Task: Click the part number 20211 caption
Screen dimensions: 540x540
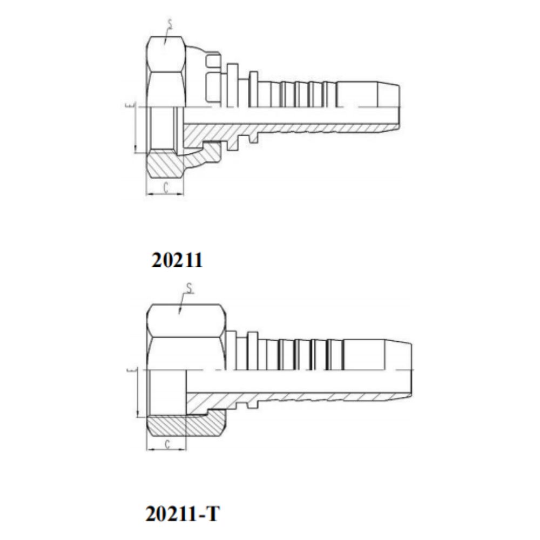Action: (177, 260)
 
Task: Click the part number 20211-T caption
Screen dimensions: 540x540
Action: (182, 513)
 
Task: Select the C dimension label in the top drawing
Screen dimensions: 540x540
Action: (166, 188)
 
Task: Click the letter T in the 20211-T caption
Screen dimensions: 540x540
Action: (212, 513)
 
